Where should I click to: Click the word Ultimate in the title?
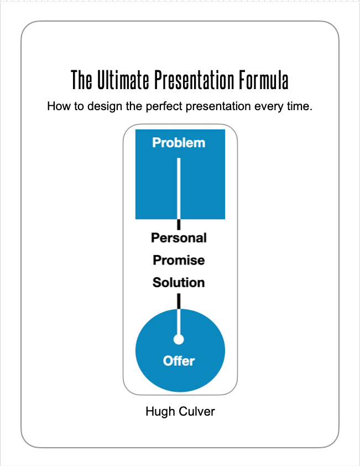[123, 80]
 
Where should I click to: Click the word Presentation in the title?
[194, 80]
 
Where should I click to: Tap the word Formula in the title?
[264, 80]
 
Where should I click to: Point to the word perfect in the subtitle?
[164, 106]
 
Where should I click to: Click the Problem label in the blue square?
[179, 143]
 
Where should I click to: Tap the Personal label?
[179, 238]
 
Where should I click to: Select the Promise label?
[179, 260]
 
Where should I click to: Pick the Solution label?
[179, 282]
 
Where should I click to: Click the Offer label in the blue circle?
[179, 361]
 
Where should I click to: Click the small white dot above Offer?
[179, 339]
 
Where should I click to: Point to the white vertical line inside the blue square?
[179, 188]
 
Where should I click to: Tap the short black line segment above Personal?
[179, 224]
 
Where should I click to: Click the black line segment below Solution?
[179, 302]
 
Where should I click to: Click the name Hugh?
[160, 412]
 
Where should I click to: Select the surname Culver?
[197, 412]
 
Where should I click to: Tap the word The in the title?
[81, 80]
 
